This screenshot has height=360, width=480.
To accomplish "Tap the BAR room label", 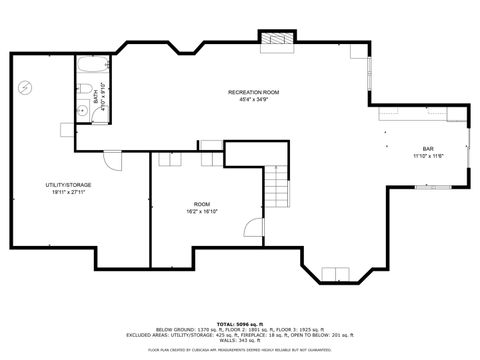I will (427, 149).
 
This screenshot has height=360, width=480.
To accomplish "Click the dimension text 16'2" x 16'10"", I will (202, 211).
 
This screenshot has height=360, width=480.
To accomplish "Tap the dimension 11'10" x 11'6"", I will (427, 156).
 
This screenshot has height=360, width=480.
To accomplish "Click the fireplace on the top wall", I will (276, 38).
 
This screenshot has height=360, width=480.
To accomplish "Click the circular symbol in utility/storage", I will (24, 87).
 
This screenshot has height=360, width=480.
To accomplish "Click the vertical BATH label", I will (97, 99).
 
